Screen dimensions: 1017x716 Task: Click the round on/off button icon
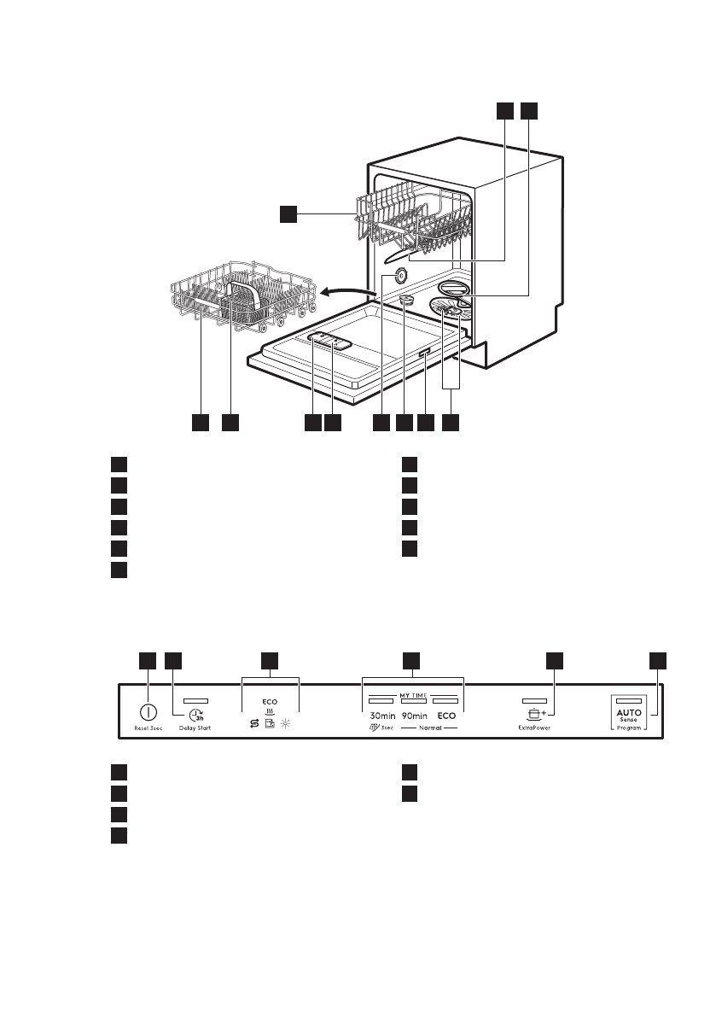click(x=148, y=711)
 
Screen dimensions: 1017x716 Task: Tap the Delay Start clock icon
click(x=196, y=716)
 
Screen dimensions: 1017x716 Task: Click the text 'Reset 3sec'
click(x=148, y=728)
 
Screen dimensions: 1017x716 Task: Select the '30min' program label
click(x=379, y=715)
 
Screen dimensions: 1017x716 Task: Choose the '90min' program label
click(x=414, y=715)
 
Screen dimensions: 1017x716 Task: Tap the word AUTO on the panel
click(x=629, y=711)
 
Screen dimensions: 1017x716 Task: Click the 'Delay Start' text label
click(x=195, y=728)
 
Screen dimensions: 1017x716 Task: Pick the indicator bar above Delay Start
click(x=195, y=698)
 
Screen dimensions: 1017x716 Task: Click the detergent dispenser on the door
click(x=327, y=341)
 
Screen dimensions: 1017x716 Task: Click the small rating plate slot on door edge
click(x=423, y=353)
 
